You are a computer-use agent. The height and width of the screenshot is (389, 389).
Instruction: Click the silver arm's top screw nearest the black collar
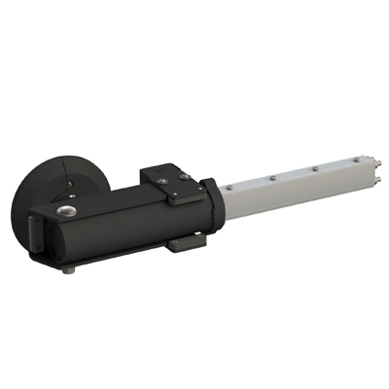coord(227,188)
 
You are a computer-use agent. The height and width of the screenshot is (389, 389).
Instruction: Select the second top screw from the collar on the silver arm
coord(274,178)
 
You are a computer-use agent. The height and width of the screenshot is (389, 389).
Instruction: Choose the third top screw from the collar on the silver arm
coord(314,169)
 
